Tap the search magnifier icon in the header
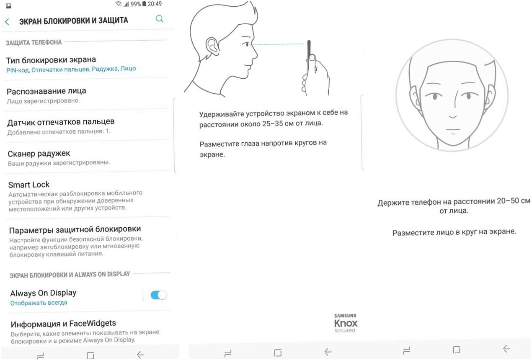(160, 19)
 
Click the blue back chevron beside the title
(7, 22)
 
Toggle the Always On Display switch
(159, 295)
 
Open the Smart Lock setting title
(29, 185)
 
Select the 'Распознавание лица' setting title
(46, 91)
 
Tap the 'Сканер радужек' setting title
(39, 154)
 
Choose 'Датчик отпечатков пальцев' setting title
(61, 122)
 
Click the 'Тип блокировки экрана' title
(51, 60)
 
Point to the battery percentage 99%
(136, 4)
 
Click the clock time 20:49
(155, 4)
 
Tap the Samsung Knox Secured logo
(346, 323)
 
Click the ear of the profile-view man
(212, 46)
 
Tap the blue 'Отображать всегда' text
(39, 303)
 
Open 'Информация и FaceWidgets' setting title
(63, 324)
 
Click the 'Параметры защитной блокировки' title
(75, 230)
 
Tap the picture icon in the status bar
(8, 6)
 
